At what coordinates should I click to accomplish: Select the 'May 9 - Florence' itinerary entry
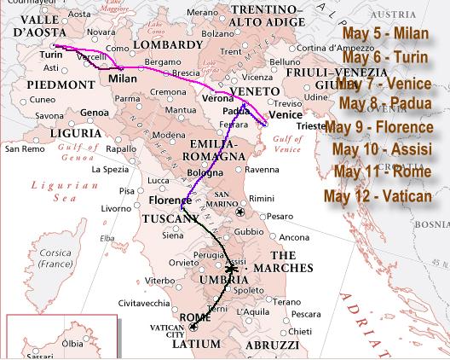click(379, 127)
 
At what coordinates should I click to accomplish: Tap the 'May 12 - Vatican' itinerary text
click(378, 196)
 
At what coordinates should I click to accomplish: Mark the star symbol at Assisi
click(231, 269)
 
